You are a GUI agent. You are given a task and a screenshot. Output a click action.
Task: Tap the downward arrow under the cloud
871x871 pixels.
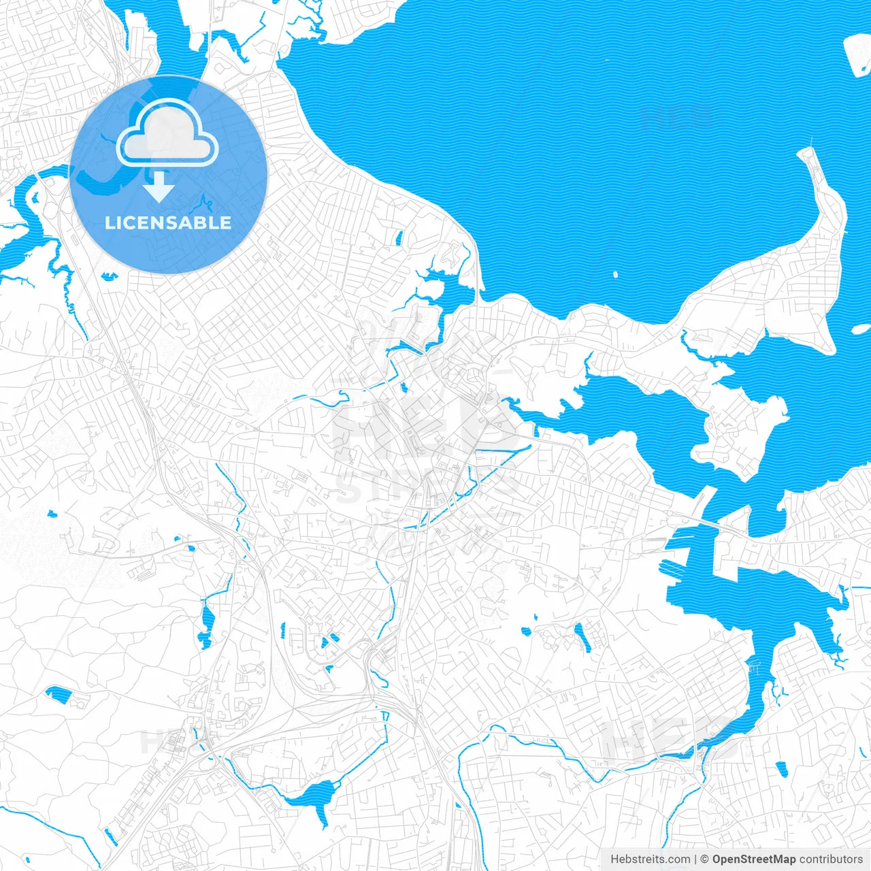(159, 186)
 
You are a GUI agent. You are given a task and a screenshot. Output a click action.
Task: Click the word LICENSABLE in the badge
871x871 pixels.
(168, 223)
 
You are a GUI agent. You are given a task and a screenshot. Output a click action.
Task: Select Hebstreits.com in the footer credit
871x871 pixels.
(650, 859)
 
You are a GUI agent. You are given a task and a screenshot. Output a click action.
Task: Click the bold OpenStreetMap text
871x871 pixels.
(754, 859)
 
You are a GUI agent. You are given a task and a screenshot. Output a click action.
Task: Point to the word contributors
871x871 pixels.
(831, 859)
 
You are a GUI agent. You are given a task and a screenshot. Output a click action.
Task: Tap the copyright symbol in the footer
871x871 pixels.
(705, 859)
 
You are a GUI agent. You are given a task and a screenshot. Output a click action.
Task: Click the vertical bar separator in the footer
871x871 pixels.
(695, 859)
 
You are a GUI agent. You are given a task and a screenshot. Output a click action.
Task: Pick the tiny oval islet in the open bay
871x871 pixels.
(615, 276)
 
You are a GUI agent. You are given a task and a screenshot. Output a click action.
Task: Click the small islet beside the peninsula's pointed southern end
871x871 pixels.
(856, 330)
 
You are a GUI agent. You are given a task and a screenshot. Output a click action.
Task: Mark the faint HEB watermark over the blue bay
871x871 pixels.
(677, 117)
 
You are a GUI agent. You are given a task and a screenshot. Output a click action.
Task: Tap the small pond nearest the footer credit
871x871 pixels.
(781, 769)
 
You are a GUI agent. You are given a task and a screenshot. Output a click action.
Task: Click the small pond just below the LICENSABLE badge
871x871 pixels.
(108, 276)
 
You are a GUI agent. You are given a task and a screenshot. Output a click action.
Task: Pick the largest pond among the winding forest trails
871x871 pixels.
(59, 694)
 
